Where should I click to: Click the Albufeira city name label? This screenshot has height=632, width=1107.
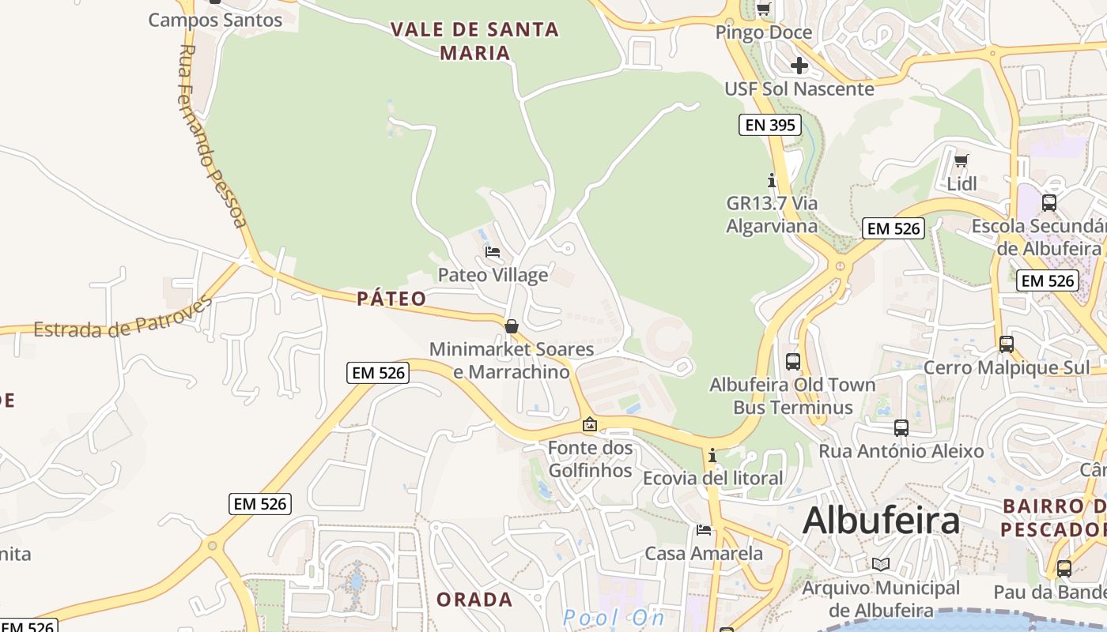(x=881, y=521)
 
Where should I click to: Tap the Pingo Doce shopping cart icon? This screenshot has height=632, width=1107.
(x=763, y=9)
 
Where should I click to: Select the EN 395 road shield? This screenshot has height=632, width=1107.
(x=769, y=125)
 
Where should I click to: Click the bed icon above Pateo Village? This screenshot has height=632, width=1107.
(x=493, y=252)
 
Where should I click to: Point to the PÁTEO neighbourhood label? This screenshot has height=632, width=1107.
(x=391, y=299)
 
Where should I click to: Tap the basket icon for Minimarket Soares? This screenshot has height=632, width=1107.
(x=512, y=325)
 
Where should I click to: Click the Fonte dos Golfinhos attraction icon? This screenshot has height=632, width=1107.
(x=589, y=425)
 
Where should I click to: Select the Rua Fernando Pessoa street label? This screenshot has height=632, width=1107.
(x=210, y=136)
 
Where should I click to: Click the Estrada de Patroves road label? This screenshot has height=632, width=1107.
(x=123, y=320)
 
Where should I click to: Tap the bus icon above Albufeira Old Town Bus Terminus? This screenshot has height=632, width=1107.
(x=793, y=362)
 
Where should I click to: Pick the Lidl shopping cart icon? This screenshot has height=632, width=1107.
(x=962, y=161)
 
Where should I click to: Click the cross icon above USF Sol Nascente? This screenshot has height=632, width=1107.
(x=799, y=66)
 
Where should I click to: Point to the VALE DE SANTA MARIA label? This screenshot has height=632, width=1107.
(x=474, y=41)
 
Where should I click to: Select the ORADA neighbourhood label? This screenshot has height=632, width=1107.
(x=474, y=599)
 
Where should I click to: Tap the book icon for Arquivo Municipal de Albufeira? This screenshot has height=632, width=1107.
(x=881, y=564)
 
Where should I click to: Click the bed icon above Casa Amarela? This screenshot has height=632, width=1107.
(x=704, y=529)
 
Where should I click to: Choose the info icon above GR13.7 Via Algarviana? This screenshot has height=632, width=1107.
(x=772, y=180)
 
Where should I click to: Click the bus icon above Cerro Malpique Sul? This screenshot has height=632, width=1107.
(x=1006, y=344)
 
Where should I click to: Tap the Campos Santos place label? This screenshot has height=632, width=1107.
(x=215, y=20)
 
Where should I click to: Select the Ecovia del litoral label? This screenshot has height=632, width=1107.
(x=712, y=478)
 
